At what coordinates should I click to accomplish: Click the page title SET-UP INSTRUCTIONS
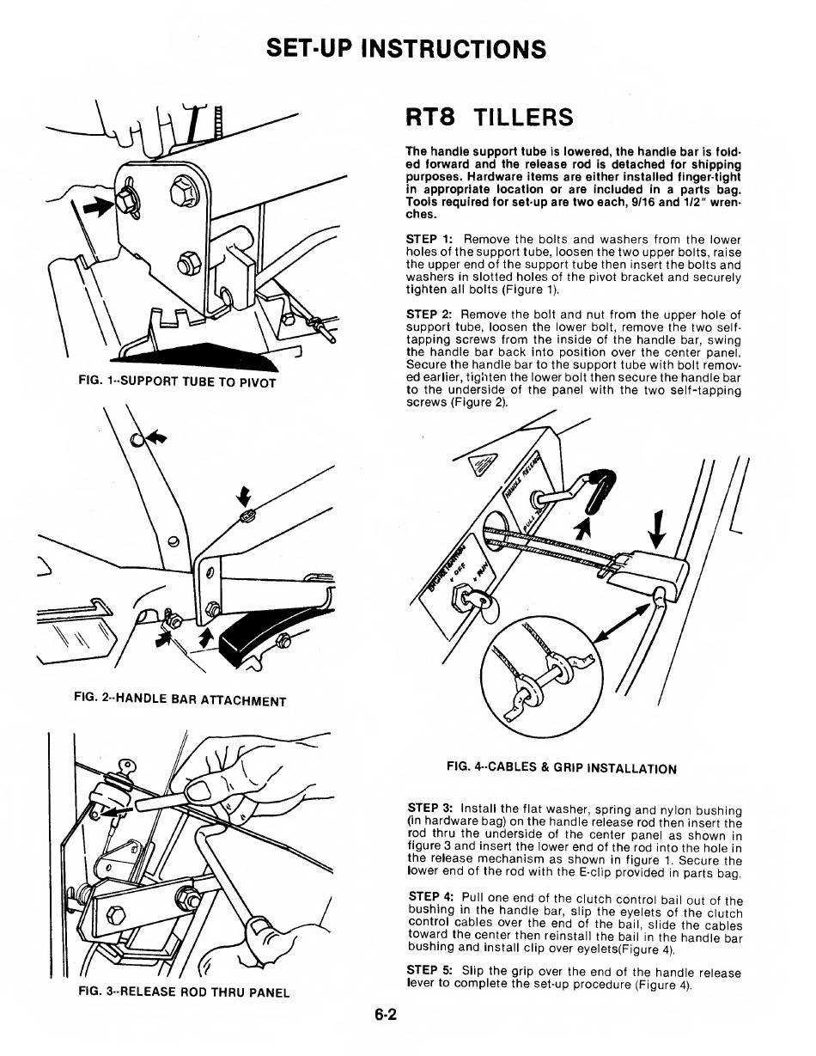pyautogui.click(x=407, y=48)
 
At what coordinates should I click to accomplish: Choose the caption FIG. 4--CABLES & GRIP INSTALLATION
pyautogui.click(x=562, y=768)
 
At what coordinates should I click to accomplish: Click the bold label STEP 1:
pyautogui.click(x=429, y=239)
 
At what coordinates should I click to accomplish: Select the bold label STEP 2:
pyautogui.click(x=429, y=314)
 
